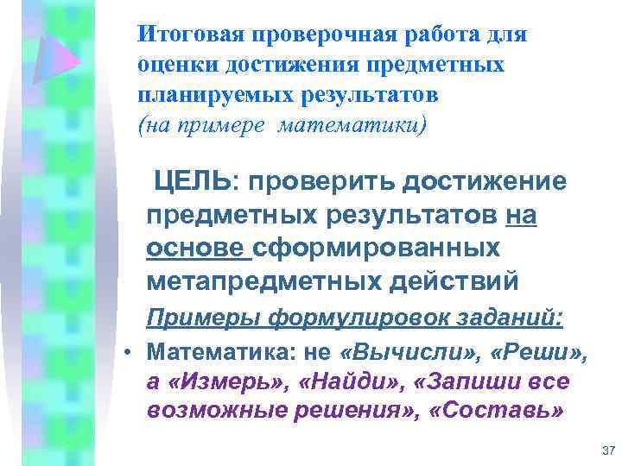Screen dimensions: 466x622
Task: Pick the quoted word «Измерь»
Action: [227, 381]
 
